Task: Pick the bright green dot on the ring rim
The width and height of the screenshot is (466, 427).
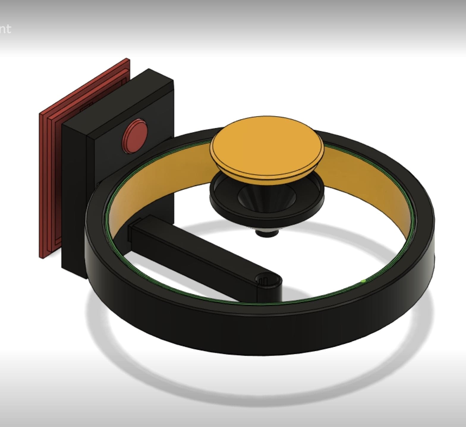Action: pyautogui.click(x=363, y=281)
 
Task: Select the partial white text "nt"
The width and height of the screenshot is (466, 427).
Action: pyautogui.click(x=5, y=29)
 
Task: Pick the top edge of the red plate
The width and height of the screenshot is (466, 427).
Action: pyautogui.click(x=83, y=86)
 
